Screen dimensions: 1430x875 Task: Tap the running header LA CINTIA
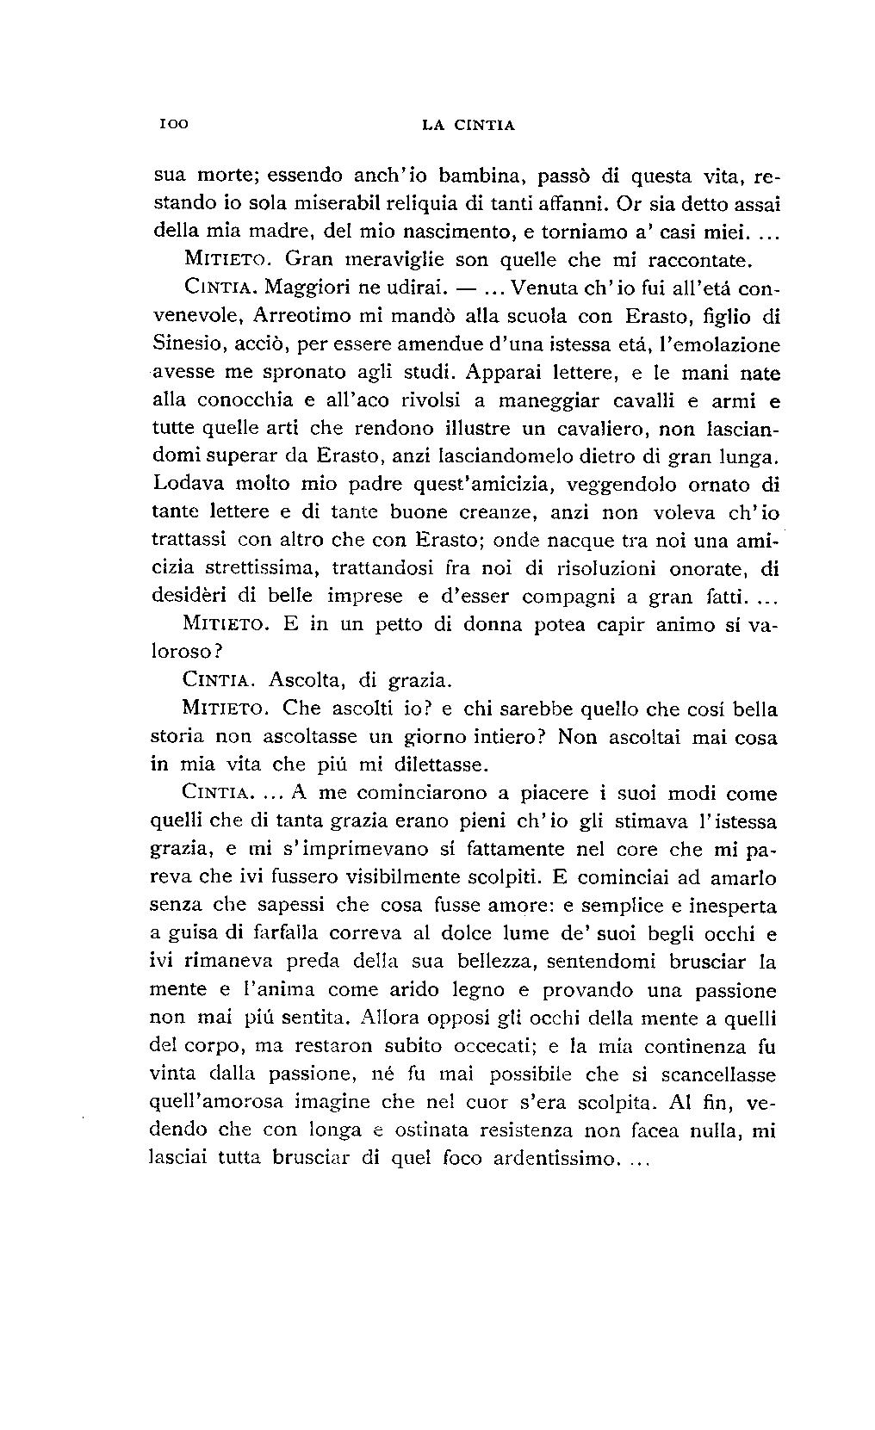pyautogui.click(x=468, y=125)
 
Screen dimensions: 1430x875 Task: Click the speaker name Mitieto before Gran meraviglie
pyautogui.click(x=227, y=259)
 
